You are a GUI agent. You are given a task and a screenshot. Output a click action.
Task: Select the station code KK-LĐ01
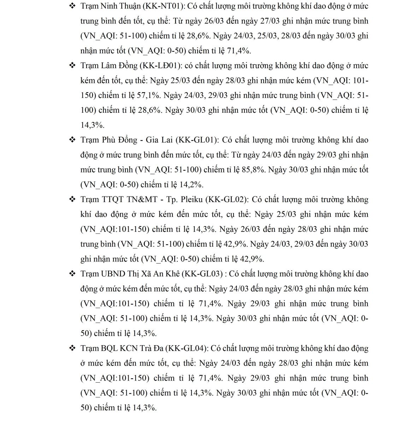161,66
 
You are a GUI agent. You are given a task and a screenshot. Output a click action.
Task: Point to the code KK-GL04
187,348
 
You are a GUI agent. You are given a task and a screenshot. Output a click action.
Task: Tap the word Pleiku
191,200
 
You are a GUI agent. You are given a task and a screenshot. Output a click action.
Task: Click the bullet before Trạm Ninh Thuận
72,6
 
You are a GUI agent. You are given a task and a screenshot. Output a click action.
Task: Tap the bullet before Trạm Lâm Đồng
72,66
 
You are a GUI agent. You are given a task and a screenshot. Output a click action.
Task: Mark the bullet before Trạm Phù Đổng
72,140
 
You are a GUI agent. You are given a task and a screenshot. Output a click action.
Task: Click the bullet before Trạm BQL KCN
72,348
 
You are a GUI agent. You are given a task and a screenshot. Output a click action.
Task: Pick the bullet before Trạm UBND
72,274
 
